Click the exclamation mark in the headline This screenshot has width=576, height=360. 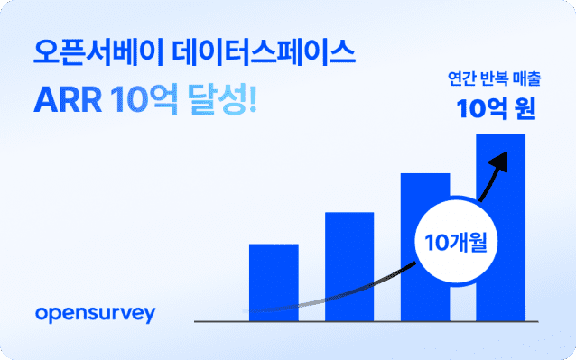point(252,101)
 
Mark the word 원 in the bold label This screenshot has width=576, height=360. point(523,111)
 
